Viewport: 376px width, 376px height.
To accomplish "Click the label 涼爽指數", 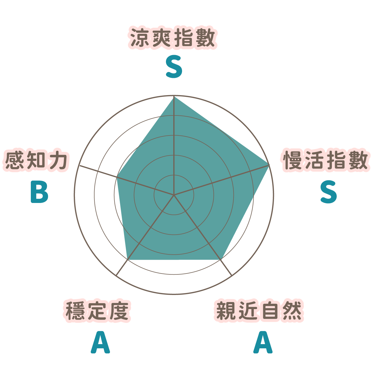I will tap(173, 38).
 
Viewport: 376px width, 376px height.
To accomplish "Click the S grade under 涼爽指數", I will tap(174, 67).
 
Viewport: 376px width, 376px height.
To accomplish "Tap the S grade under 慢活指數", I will tap(329, 192).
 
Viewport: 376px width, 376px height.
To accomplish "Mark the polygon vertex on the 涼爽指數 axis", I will tap(174, 97).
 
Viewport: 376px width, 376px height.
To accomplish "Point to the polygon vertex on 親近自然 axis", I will tap(221, 259).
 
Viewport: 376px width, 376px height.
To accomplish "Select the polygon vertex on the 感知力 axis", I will tap(117, 177).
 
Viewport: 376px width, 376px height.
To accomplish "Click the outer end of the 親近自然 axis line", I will tap(232, 276).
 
